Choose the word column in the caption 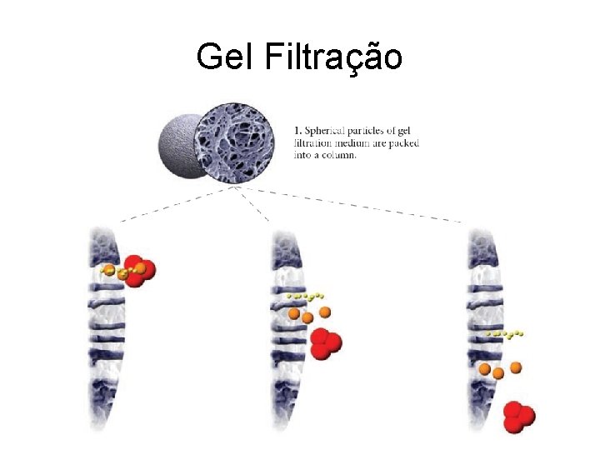[337, 155]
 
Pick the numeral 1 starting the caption [297, 131]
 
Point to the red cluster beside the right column [518, 416]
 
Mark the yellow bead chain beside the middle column [304, 296]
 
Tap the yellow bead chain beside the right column [505, 334]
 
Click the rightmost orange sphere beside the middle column [325, 312]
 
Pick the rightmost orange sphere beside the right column [516, 367]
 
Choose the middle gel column [287, 333]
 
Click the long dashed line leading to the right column [358, 204]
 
